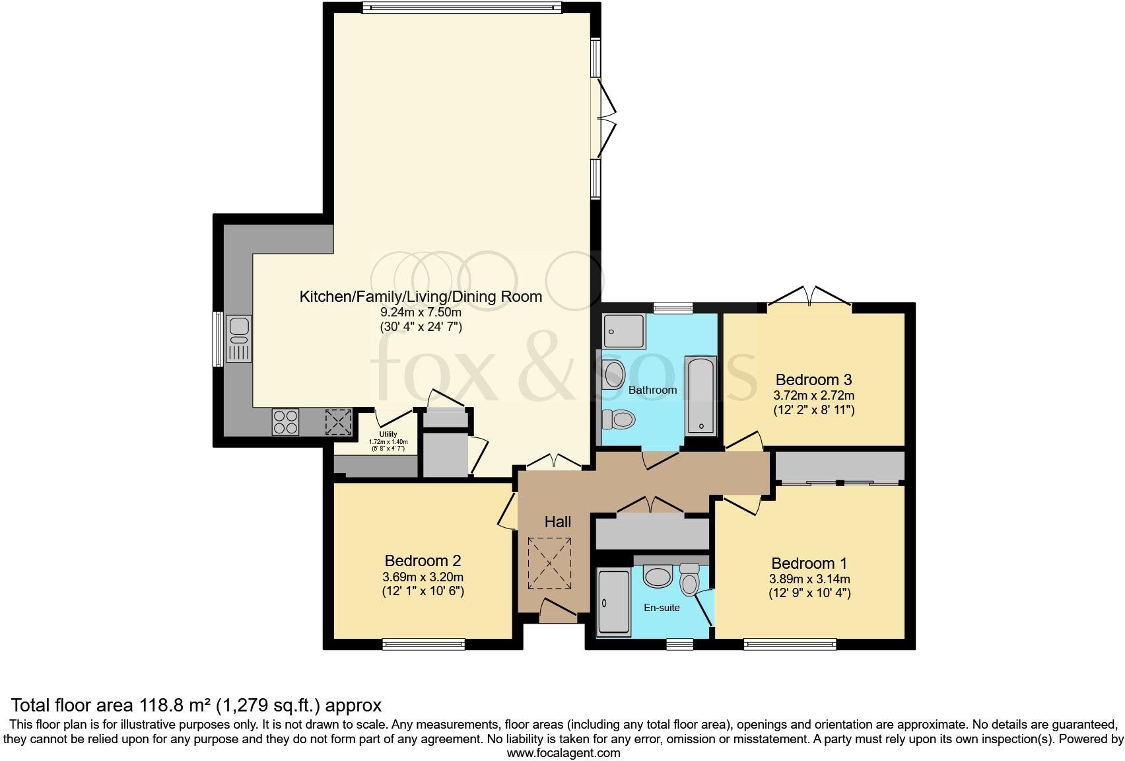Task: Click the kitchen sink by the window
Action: pyautogui.click(x=239, y=338)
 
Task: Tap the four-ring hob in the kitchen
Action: pyautogui.click(x=285, y=421)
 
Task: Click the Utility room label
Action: pyautogui.click(x=388, y=434)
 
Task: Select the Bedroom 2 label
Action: pyautogui.click(x=423, y=561)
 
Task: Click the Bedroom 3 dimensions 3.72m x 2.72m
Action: pyautogui.click(x=813, y=396)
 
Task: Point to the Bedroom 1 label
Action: pyautogui.click(x=809, y=563)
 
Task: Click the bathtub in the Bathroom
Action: pyautogui.click(x=701, y=395)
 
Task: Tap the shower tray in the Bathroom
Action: pyautogui.click(x=623, y=331)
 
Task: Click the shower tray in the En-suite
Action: pyautogui.click(x=614, y=602)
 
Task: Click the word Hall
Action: pyautogui.click(x=558, y=522)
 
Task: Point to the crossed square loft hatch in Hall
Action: pyautogui.click(x=549, y=563)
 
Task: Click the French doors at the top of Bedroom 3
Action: pyautogui.click(x=809, y=299)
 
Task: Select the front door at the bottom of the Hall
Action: pyautogui.click(x=557, y=611)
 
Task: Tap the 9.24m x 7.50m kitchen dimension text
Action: pyautogui.click(x=421, y=312)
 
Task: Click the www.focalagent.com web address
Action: pyautogui.click(x=563, y=752)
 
